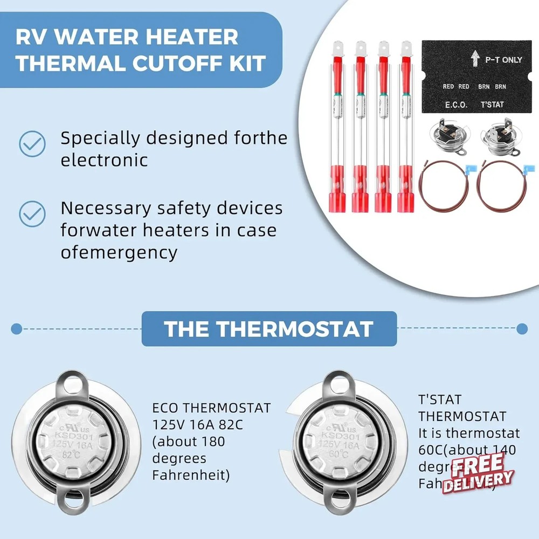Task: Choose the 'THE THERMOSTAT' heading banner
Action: pos(268,329)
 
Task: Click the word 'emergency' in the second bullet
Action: pos(132,252)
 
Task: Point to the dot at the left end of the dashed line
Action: pos(17,328)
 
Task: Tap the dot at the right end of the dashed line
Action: pos(522,328)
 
